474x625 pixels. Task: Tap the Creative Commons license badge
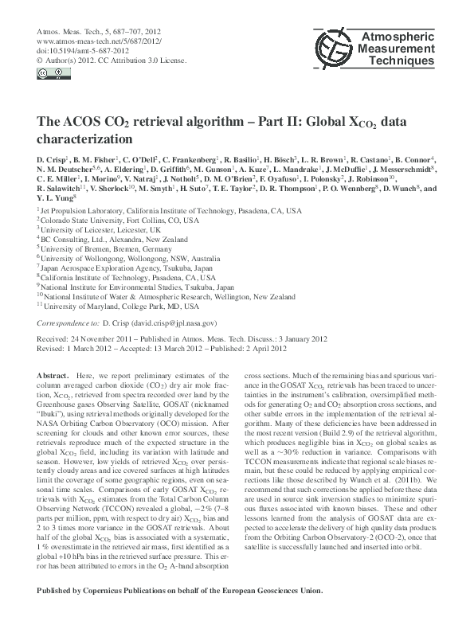coord(49,74)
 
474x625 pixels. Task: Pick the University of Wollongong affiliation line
coord(121,258)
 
